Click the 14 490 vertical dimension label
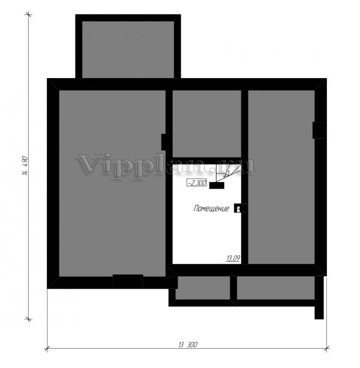click(x=25, y=166)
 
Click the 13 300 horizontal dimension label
click(x=188, y=345)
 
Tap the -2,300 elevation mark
click(x=197, y=182)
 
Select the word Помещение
click(x=211, y=208)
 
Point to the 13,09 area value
click(x=233, y=258)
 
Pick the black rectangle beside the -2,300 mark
click(x=217, y=186)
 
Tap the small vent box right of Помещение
click(x=238, y=208)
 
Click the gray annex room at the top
click(x=128, y=49)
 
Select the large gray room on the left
click(x=112, y=183)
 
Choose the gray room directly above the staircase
click(x=207, y=124)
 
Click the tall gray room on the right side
click(x=281, y=177)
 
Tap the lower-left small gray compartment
click(x=203, y=288)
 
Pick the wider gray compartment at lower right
click(x=276, y=288)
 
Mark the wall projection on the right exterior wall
click(x=319, y=130)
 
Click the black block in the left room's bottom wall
click(x=128, y=281)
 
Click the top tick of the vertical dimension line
click(x=29, y=15)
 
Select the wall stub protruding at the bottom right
click(x=319, y=297)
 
